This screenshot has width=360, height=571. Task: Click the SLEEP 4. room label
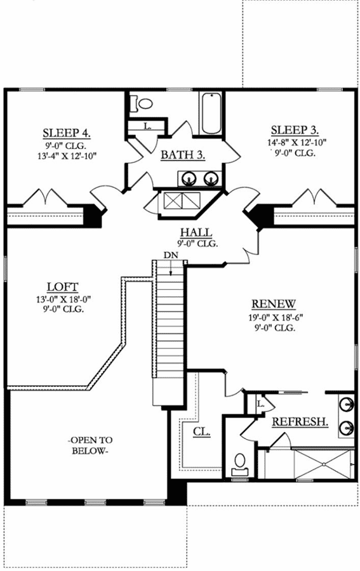[x=66, y=133]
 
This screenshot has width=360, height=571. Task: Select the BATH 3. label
[x=182, y=155]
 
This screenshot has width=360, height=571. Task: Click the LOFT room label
[x=62, y=287]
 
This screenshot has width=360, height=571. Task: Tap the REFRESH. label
[x=300, y=422]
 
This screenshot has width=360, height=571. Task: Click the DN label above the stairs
[x=171, y=254]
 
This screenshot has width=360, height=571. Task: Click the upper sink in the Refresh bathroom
[x=346, y=404]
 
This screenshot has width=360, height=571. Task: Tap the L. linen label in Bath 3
[x=147, y=126]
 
